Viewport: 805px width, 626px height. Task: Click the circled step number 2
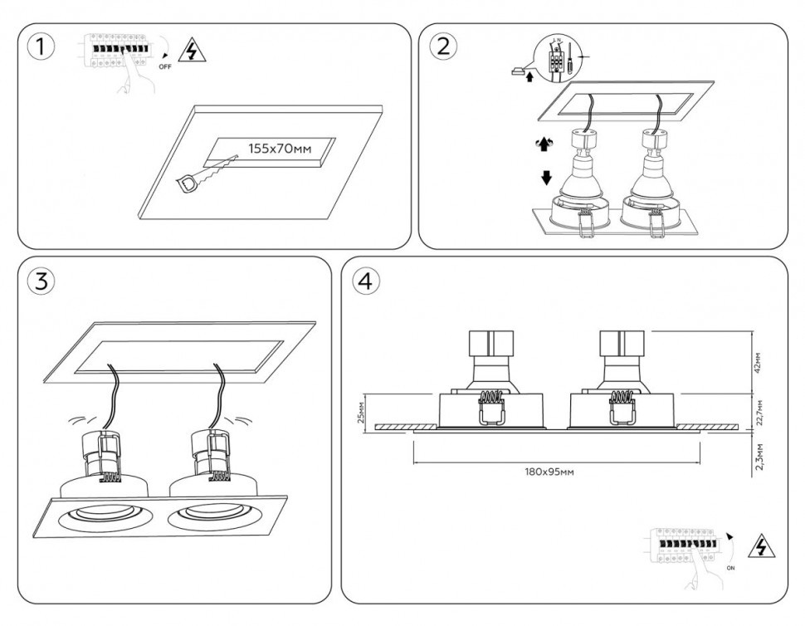(442, 46)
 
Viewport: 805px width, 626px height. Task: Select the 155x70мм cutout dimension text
(280, 149)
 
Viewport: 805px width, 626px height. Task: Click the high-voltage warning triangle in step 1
(193, 52)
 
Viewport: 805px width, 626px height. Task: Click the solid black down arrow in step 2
(546, 177)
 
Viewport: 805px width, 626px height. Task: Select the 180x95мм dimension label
(549, 471)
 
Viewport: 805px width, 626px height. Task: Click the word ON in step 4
(730, 569)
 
